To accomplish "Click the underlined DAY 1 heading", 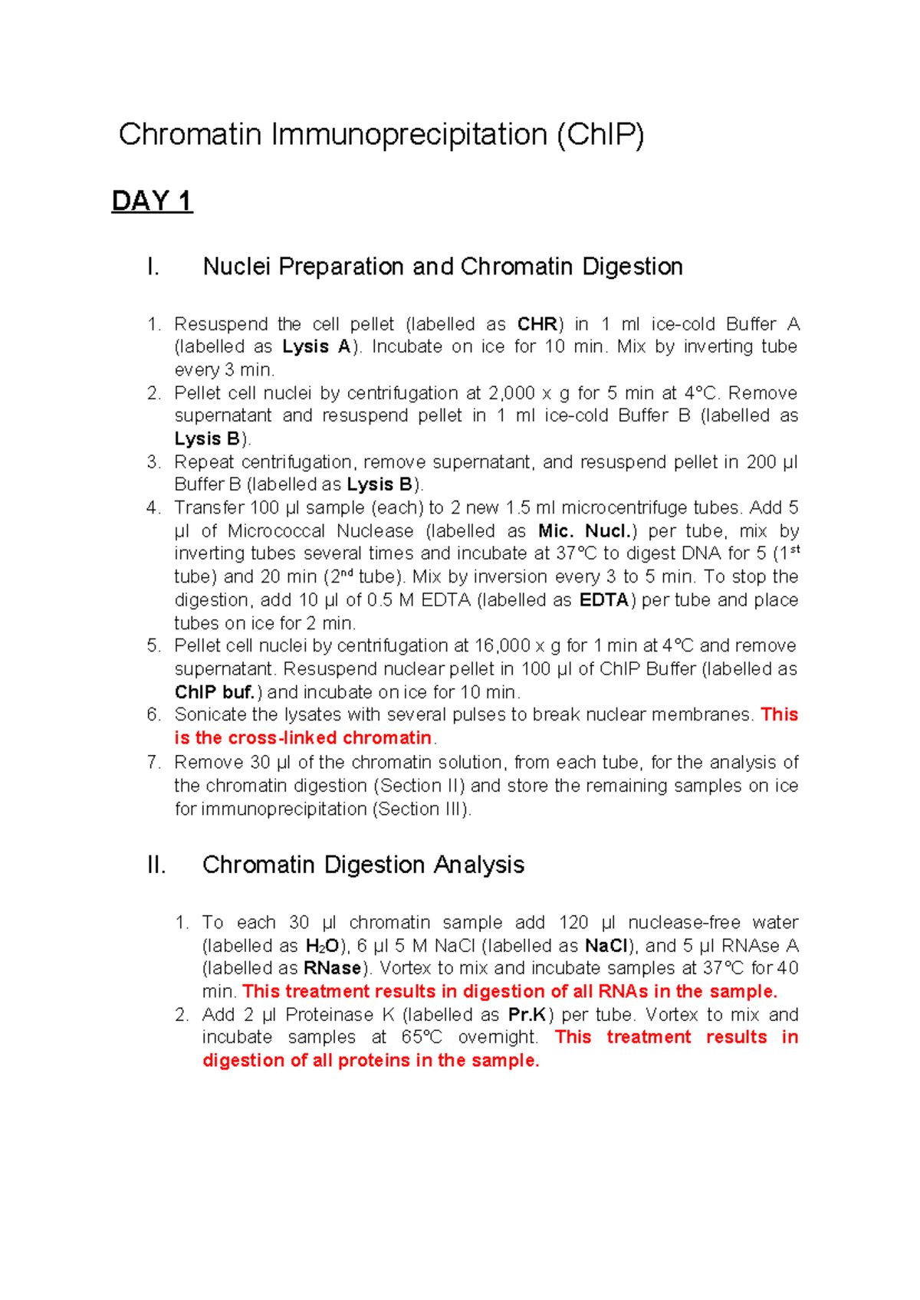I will [152, 201].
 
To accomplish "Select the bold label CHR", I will [537, 324].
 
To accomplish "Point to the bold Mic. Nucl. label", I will [587, 531].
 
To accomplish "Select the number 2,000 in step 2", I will [511, 393].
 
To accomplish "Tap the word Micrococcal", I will [276, 531].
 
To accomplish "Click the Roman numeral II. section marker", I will [156, 865].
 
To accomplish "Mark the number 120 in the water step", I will [573, 923].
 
